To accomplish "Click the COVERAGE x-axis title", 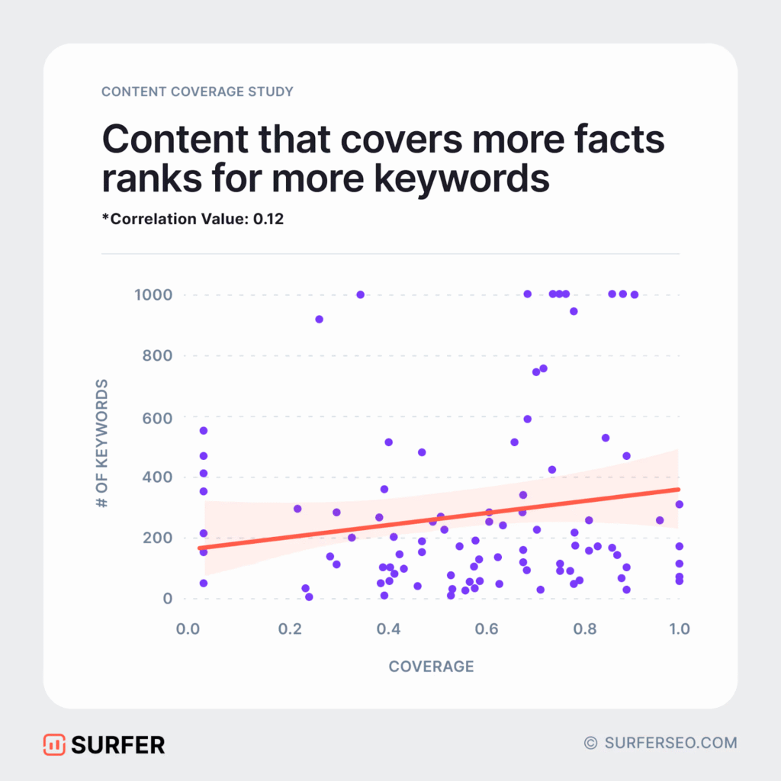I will [x=431, y=667].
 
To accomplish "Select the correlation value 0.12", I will [x=269, y=218].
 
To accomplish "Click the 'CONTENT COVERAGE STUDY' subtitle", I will [x=198, y=92].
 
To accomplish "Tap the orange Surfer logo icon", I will [x=53, y=744].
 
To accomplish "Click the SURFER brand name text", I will [x=117, y=744].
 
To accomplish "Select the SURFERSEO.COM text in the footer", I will [x=670, y=742].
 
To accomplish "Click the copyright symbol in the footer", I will [x=590, y=742].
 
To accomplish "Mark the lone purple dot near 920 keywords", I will [x=319, y=319].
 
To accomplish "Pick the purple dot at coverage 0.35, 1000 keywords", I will [x=360, y=294].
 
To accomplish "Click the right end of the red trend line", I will [x=678, y=490].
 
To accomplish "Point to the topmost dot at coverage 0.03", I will [x=204, y=431].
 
